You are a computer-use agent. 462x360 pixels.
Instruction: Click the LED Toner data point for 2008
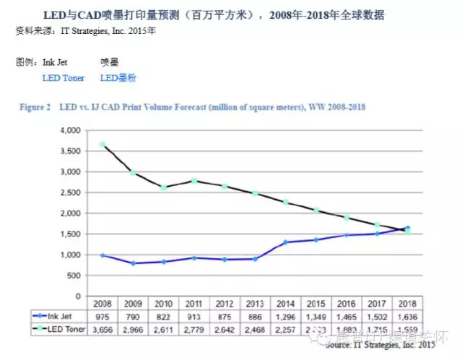[x=103, y=145]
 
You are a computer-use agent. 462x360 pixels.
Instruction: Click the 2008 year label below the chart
[x=103, y=304]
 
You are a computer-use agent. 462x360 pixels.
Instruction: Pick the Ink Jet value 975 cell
[x=103, y=315]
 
